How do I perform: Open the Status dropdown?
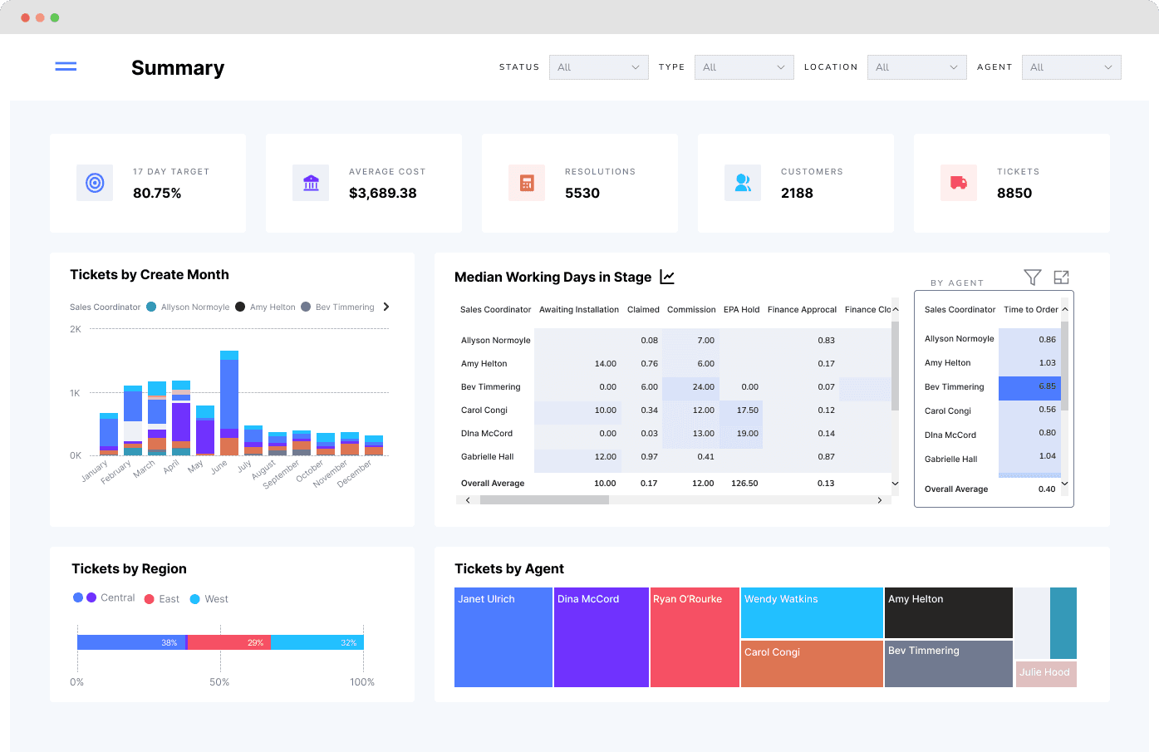click(599, 67)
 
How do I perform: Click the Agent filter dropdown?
click(1071, 67)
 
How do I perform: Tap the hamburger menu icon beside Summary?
click(66, 66)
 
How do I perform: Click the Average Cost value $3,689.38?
click(382, 193)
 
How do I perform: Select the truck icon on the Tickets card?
click(958, 183)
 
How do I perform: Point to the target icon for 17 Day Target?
click(95, 183)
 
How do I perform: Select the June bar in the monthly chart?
click(229, 403)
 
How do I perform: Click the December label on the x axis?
click(355, 473)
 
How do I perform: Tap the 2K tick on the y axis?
click(76, 329)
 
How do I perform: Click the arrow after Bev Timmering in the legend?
click(386, 307)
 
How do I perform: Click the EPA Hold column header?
click(741, 309)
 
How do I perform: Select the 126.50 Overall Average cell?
click(744, 483)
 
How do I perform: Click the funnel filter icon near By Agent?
click(1032, 278)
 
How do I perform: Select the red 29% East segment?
click(228, 642)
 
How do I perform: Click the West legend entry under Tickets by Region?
click(209, 599)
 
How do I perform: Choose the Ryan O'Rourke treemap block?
click(695, 637)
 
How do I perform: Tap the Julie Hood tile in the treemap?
click(1046, 674)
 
